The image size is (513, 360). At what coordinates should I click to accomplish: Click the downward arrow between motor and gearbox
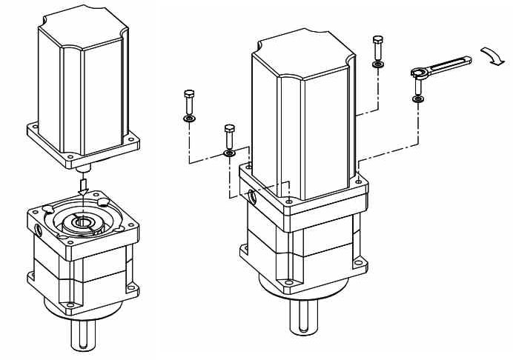(83, 183)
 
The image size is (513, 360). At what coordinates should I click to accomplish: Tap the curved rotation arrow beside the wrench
(491, 56)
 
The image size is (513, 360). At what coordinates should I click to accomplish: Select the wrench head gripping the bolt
(417, 72)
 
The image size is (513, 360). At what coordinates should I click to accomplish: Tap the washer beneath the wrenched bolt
(418, 99)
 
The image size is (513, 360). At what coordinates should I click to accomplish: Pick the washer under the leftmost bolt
(188, 118)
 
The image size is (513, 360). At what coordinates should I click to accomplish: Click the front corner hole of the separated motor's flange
(70, 156)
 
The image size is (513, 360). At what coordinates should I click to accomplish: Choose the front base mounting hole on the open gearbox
(70, 304)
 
